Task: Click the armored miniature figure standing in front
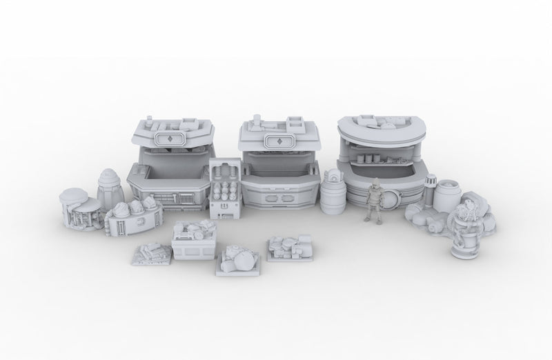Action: click(x=375, y=201)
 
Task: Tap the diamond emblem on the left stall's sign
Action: click(x=170, y=139)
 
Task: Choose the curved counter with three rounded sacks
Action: click(x=131, y=216)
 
